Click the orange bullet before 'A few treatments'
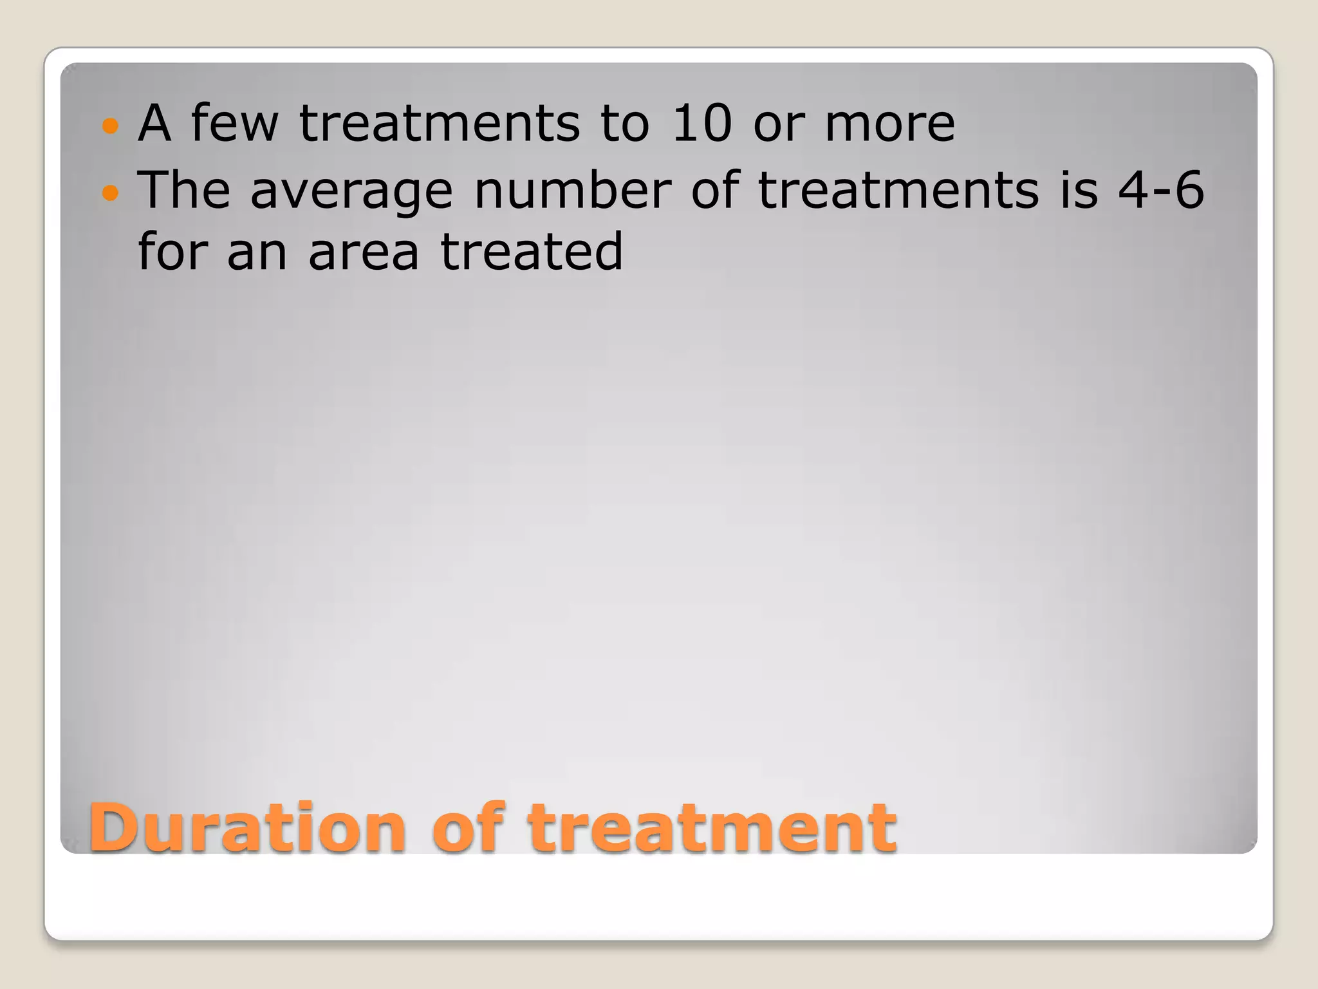pyautogui.click(x=111, y=125)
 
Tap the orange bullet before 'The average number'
pyautogui.click(x=111, y=192)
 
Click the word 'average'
pyautogui.click(x=351, y=191)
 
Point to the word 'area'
pyautogui.click(x=364, y=252)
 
